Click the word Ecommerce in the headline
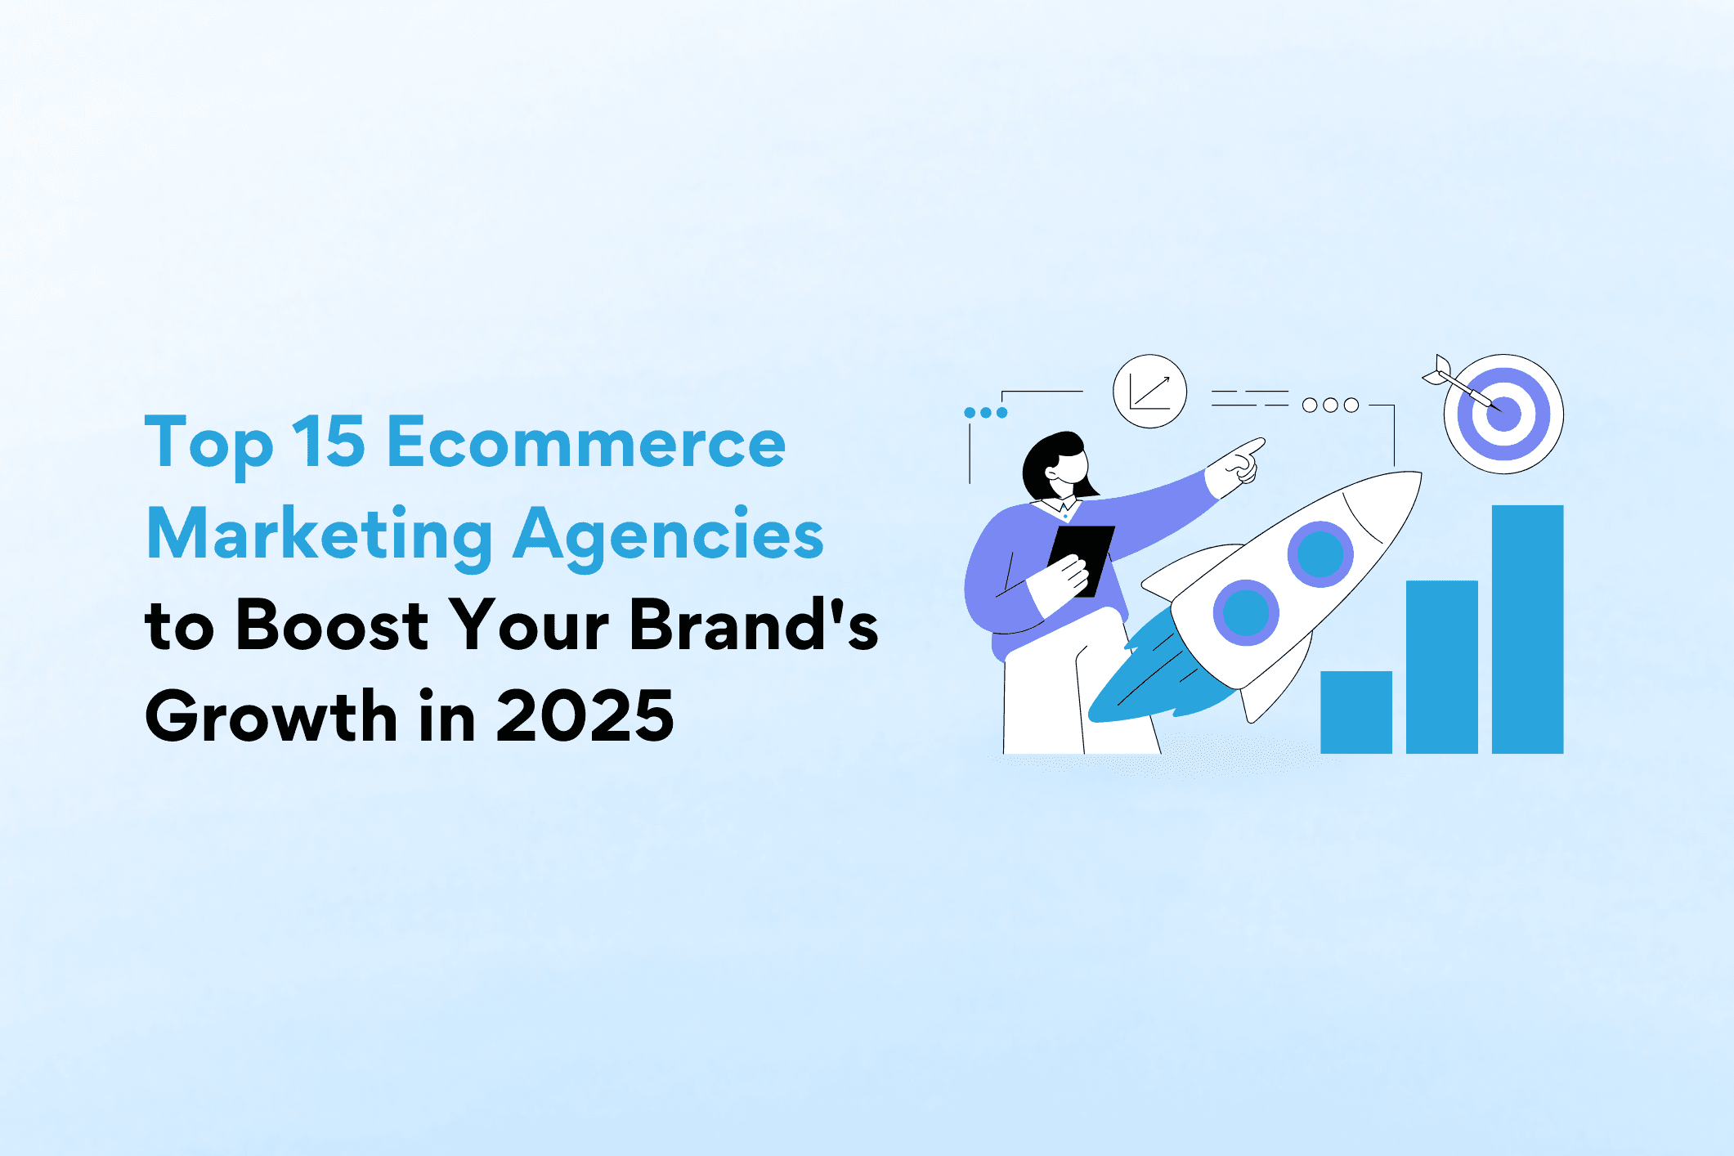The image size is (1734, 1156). click(586, 441)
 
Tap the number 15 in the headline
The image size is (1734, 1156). click(329, 441)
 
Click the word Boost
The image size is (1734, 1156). click(332, 625)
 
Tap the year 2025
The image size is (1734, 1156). click(585, 716)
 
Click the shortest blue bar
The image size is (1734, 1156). click(1356, 712)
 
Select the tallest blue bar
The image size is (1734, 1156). click(1528, 630)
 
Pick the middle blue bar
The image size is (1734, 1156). click(1442, 667)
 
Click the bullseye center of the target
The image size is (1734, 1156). click(1503, 414)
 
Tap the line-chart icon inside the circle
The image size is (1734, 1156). click(1149, 392)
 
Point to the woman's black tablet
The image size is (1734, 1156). click(1082, 561)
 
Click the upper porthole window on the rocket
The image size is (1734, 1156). click(1320, 554)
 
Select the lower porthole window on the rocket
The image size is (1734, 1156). click(1245, 612)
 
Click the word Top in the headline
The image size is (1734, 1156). click(208, 446)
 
